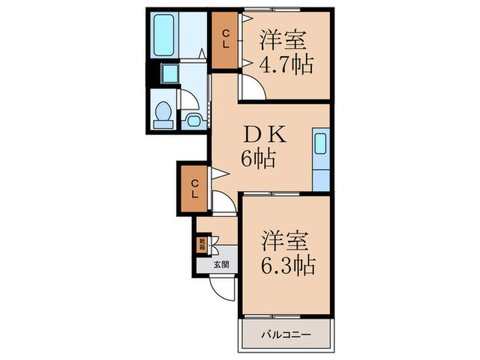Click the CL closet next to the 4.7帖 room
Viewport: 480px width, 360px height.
(224, 40)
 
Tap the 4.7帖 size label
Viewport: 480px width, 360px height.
(286, 65)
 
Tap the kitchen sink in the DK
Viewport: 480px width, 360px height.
(320, 145)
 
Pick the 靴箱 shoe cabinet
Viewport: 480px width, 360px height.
(202, 243)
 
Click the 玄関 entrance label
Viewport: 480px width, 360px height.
(219, 264)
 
